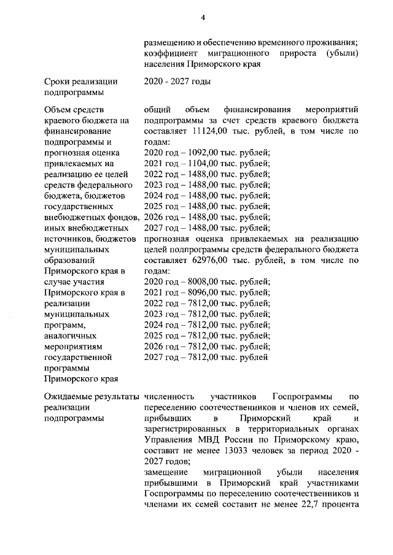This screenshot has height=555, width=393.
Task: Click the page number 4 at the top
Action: coord(202,18)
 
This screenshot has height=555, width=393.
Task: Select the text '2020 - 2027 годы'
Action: coord(177,82)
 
